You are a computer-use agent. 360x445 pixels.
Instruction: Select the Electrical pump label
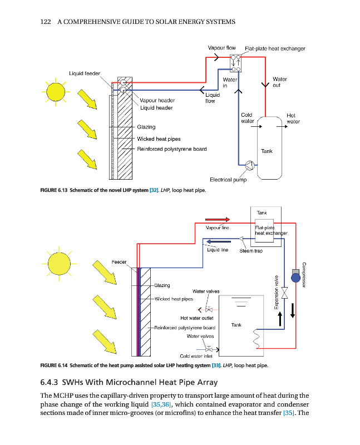(x=228, y=180)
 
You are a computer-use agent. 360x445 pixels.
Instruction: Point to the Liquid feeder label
(x=85, y=73)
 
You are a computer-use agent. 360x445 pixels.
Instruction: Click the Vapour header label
(x=157, y=101)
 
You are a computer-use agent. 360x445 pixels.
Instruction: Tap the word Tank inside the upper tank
(x=267, y=151)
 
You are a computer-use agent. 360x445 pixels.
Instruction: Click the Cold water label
(x=247, y=118)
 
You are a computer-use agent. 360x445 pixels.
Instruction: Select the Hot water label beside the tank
(x=293, y=118)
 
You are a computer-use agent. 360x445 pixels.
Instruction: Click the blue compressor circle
(x=295, y=276)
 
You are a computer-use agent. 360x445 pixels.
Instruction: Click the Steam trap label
(x=251, y=251)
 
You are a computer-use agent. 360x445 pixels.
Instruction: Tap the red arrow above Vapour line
(x=217, y=219)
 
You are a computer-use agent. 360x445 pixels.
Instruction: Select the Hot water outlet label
(x=197, y=318)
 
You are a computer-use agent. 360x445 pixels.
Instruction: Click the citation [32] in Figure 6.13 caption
(x=154, y=191)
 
